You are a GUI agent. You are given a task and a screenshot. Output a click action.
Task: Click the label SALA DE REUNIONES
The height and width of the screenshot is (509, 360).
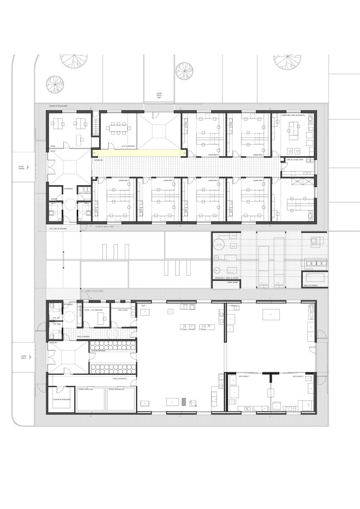pyautogui.click(x=128, y=146)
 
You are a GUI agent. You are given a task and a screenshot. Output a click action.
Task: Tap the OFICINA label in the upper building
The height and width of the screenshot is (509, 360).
pyautogui.click(x=53, y=146)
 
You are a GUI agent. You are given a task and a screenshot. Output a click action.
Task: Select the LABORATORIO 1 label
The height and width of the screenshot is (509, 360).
pyautogui.click(x=124, y=181)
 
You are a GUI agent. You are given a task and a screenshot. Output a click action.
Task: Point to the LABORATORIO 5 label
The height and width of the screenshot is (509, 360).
pyautogui.click(x=213, y=155)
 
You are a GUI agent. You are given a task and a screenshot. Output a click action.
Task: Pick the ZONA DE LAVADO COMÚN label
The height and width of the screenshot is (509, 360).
pyautogui.click(x=295, y=160)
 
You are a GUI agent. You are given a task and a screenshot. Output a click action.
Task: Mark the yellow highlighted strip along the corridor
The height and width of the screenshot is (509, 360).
pyautogui.click(x=139, y=153)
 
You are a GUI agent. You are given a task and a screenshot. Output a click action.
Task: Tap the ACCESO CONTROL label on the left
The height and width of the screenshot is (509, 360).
pyautogui.click(x=22, y=168)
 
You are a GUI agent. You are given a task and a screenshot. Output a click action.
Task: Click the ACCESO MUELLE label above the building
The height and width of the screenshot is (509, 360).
pyautogui.click(x=159, y=94)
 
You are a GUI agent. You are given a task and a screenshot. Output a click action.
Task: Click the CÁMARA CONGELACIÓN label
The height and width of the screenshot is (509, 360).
pyautogui.click(x=86, y=389)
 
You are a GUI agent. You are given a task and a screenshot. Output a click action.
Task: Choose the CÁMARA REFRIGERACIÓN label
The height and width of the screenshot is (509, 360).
pyautogui.click(x=116, y=389)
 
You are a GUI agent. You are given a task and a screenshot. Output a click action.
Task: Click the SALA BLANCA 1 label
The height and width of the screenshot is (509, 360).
pyautogui.click(x=244, y=377)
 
